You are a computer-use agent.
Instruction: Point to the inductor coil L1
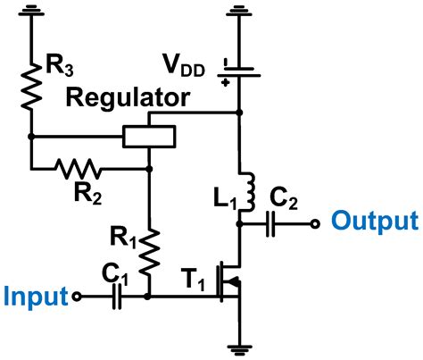coord(240,190)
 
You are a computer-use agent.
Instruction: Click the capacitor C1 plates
coord(116,297)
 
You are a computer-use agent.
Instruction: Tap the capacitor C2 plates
coord(274,224)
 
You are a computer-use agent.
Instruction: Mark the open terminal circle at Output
coord(314,224)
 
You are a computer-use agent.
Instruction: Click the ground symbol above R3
coord(31,13)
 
